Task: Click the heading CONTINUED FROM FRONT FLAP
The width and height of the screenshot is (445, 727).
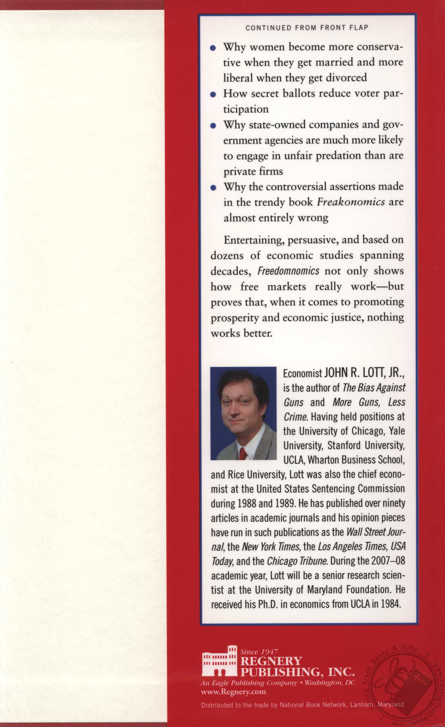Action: click(307, 28)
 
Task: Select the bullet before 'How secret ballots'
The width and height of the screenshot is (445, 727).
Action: click(213, 95)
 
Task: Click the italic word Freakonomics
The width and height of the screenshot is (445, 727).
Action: click(351, 202)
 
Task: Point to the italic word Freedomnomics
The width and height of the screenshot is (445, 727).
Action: click(288, 271)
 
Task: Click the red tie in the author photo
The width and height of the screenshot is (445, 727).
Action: click(243, 454)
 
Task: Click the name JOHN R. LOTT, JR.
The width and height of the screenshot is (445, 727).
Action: click(364, 373)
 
